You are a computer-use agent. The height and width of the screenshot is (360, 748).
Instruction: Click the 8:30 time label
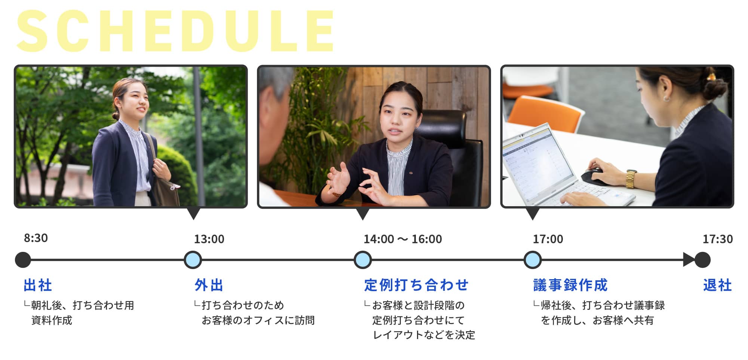pos(36,238)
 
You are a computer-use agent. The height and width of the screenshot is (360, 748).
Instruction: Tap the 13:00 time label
pos(209,239)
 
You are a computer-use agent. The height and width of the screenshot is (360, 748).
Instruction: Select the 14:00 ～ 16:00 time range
pos(403,239)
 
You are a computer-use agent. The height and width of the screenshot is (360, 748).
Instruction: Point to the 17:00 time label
pos(548,239)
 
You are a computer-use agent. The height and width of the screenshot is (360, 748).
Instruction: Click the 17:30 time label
pos(718,239)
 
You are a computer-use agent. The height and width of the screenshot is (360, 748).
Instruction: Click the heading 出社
pos(38,285)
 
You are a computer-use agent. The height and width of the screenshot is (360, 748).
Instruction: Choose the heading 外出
pos(209,285)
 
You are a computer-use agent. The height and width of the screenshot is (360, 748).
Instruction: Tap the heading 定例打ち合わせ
pos(416,285)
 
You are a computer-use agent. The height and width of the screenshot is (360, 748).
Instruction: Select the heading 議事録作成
pos(570,285)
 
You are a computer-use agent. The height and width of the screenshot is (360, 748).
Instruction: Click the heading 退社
pos(717,285)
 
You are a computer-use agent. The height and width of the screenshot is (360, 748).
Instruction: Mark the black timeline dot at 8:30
pos(23,260)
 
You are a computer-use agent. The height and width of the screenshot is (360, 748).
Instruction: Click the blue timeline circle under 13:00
pos(193,260)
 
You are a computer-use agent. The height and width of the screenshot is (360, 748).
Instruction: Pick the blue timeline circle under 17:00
pos(533,260)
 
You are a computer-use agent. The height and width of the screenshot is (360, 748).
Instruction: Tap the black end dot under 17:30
pos(702,260)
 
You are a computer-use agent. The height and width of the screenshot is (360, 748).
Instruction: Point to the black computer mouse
pos(592,176)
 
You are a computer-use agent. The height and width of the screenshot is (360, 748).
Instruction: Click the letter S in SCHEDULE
pos(33,31)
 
